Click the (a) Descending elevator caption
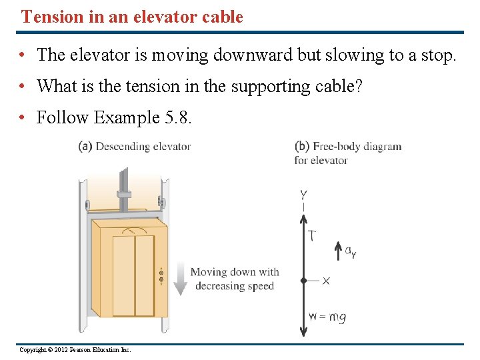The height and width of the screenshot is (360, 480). click(x=135, y=147)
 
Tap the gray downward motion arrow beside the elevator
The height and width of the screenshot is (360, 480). click(x=179, y=279)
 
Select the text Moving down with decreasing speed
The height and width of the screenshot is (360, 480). click(x=235, y=279)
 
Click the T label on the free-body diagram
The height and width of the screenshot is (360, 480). click(x=312, y=235)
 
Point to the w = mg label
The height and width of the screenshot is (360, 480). click(x=327, y=317)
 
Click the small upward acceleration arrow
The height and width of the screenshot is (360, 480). click(x=337, y=251)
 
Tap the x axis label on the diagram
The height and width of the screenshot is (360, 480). click(x=326, y=281)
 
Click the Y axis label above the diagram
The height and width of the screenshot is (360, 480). click(x=303, y=195)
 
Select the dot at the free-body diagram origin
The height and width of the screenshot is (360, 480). click(x=303, y=281)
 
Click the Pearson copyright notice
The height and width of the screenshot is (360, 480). click(x=75, y=350)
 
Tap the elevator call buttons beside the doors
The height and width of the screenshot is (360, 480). click(x=161, y=275)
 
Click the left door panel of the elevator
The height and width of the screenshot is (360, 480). click(x=123, y=275)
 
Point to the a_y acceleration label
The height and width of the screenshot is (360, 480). click(x=350, y=251)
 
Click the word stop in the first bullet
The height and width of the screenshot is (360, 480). click(x=437, y=55)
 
